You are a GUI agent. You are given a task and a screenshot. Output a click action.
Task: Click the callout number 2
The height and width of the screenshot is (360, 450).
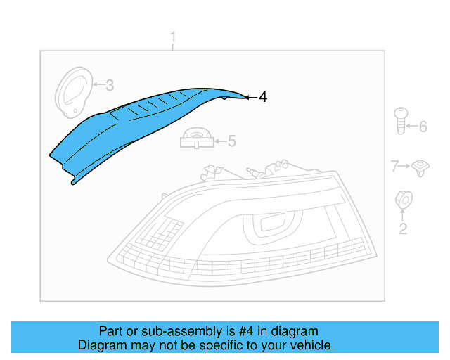(403, 229)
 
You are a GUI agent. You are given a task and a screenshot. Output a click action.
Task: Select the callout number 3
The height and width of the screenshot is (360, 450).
(110, 86)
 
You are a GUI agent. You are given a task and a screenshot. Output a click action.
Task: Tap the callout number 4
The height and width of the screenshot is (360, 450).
(263, 97)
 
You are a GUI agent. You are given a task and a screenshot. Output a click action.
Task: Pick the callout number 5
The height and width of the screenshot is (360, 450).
(231, 141)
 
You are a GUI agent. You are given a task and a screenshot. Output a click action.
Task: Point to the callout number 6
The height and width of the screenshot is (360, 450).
(423, 127)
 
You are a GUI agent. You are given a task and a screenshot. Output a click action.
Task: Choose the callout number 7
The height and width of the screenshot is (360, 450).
(395, 166)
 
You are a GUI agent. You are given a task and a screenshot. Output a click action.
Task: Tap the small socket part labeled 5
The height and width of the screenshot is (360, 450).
(198, 138)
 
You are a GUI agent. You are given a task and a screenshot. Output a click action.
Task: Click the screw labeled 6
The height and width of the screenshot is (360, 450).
(401, 120)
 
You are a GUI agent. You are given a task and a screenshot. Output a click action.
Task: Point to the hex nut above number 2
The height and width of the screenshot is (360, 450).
(404, 199)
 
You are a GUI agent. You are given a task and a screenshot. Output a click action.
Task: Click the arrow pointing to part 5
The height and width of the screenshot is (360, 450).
(218, 141)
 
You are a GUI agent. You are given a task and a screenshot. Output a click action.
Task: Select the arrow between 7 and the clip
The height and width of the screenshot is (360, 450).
(405, 166)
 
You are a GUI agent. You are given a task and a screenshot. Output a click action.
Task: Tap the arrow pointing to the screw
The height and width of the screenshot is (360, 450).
(413, 127)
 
